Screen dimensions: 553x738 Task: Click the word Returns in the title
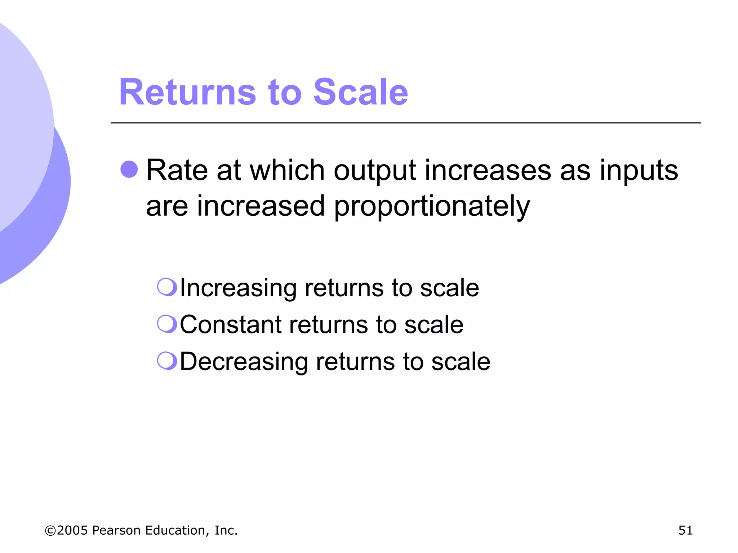187,93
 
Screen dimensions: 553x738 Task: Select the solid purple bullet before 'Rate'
129,169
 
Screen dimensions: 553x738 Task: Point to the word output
375,171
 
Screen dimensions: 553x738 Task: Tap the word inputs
639,171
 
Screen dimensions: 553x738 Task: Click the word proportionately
432,207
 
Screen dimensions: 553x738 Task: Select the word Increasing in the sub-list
238,288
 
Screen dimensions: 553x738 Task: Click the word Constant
231,325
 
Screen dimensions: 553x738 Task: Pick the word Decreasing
244,362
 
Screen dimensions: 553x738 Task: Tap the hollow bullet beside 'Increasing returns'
167,287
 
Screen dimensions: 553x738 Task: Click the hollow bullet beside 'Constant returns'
167,324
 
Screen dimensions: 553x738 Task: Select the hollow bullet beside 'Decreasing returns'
167,361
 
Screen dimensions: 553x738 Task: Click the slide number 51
685,530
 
